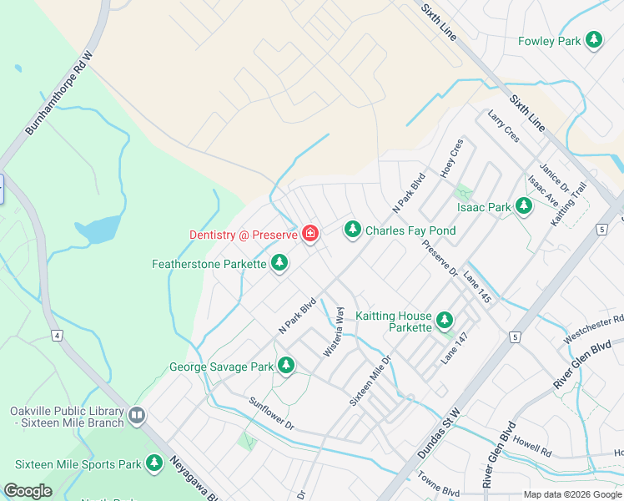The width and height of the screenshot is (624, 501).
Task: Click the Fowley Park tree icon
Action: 594,40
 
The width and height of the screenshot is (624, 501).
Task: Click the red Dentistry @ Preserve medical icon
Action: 310,234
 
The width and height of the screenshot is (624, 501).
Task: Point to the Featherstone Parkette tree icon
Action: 280,264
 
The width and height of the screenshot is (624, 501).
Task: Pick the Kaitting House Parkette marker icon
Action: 445,320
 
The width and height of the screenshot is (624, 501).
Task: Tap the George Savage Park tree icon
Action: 286,366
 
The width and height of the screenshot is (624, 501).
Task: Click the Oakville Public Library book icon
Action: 137,414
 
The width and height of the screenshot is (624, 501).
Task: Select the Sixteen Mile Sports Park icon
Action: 153,463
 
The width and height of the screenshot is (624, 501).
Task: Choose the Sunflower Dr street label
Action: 272,413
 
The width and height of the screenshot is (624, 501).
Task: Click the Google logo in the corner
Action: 28,491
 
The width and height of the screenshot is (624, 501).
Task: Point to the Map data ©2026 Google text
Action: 571,494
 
